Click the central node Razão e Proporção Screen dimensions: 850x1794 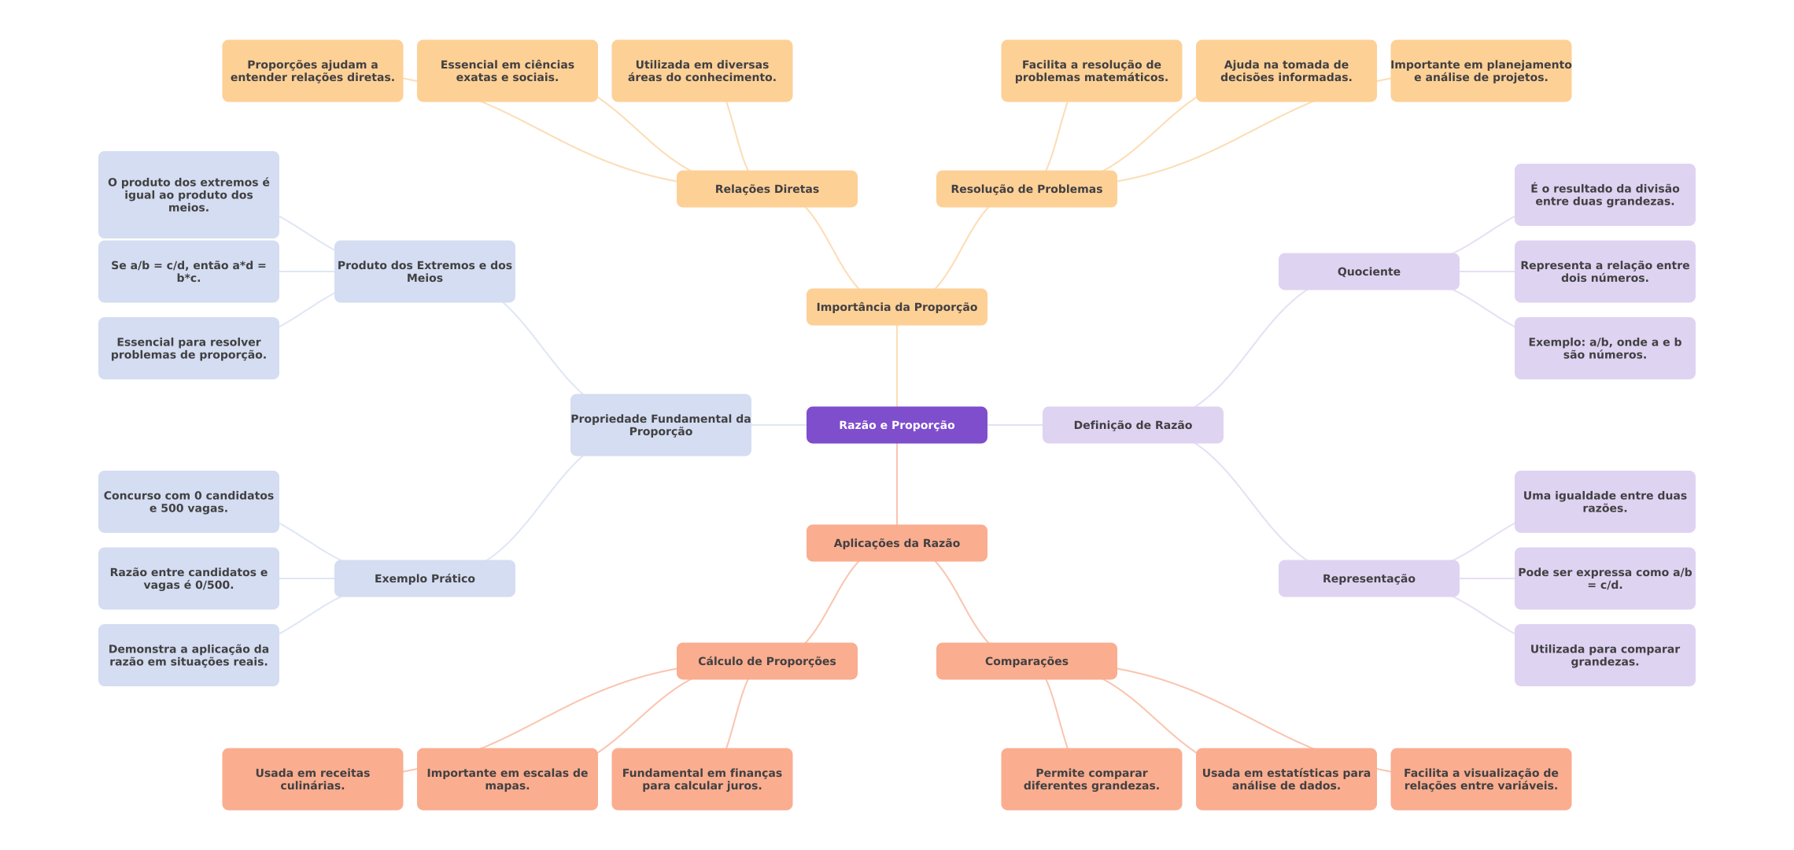[x=896, y=425]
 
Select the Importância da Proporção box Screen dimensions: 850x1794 [x=896, y=307]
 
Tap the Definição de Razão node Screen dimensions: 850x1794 [x=1132, y=425]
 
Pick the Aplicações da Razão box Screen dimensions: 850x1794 [x=896, y=543]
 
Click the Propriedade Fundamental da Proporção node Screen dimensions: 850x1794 [x=660, y=425]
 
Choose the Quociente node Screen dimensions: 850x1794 [x=1368, y=272]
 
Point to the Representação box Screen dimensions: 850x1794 [x=1368, y=578]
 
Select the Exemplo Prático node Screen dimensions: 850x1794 [x=424, y=578]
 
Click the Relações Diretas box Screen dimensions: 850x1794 [x=766, y=189]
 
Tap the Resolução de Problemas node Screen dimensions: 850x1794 [x=1026, y=189]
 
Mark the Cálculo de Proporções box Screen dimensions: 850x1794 [x=766, y=661]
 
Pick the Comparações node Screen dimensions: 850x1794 [x=1026, y=661]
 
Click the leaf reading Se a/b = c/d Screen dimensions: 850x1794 [x=188, y=272]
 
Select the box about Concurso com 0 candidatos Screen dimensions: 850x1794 [x=188, y=501]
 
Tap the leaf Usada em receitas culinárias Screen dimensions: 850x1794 [x=312, y=779]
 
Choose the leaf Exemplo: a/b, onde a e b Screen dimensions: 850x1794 [x=1604, y=348]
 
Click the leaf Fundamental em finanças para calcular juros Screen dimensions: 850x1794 [x=702, y=779]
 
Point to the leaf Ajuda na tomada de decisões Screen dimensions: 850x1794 [x=1286, y=71]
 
